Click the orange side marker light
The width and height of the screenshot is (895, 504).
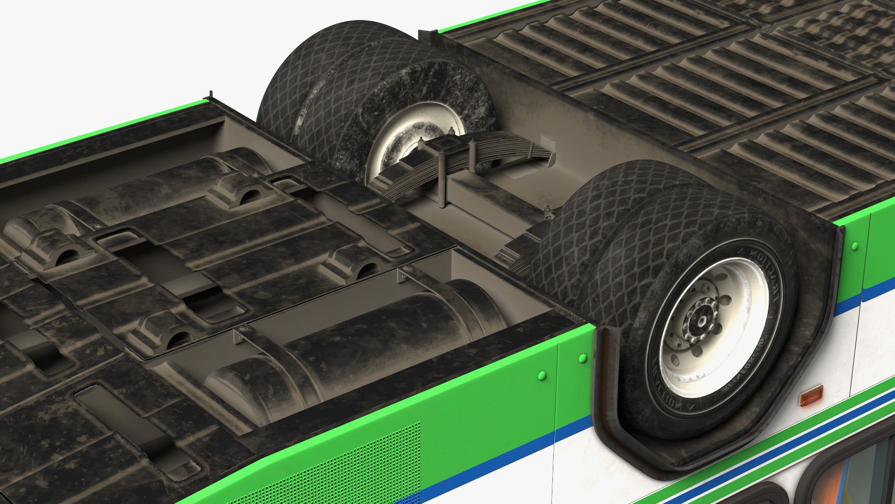point(811,395)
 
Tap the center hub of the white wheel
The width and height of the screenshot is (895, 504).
point(700,321)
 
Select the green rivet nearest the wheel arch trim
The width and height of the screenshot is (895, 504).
point(582,358)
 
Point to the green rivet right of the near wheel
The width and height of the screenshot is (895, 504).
point(854,246)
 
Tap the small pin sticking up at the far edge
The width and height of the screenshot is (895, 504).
point(211,94)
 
